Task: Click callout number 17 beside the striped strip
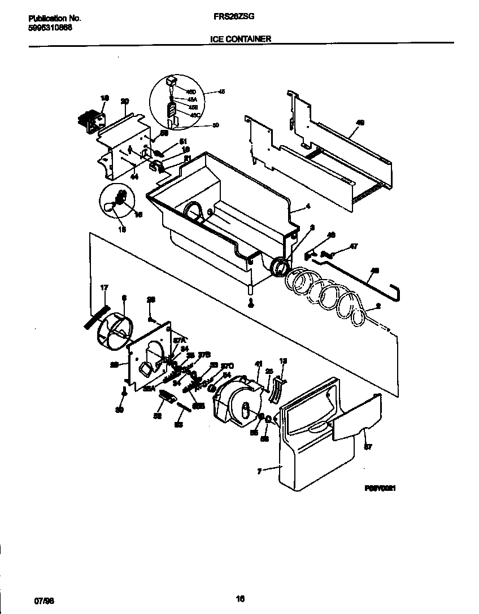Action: pyautogui.click(x=104, y=288)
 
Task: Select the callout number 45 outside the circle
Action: pyautogui.click(x=221, y=92)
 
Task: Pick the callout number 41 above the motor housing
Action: pyautogui.click(x=259, y=364)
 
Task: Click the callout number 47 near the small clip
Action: pyautogui.click(x=354, y=247)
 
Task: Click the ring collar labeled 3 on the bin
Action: pyautogui.click(x=279, y=268)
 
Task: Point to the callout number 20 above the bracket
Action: pyautogui.click(x=124, y=101)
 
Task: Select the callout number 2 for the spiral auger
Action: pyautogui.click(x=377, y=308)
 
